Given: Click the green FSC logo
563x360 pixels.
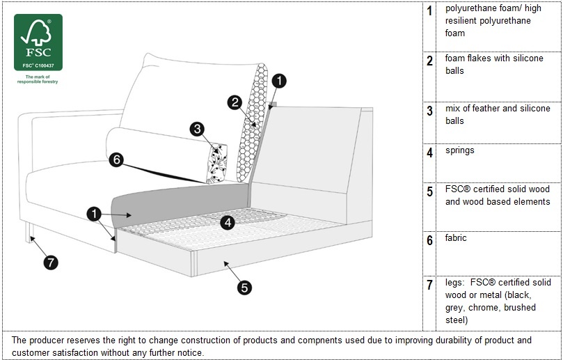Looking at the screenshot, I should click(x=38, y=42).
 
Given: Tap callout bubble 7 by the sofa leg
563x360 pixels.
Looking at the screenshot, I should click(x=51, y=263).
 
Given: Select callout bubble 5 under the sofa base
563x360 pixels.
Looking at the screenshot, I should click(x=244, y=287).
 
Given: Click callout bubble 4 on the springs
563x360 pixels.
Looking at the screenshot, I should click(x=228, y=223).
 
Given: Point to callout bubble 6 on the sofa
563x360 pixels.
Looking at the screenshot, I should click(x=117, y=160).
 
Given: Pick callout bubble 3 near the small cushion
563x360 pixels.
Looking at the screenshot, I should click(x=198, y=129).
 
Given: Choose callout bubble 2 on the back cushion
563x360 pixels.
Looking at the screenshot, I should click(x=235, y=102).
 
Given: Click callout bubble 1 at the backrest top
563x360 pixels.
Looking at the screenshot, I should click(x=278, y=81).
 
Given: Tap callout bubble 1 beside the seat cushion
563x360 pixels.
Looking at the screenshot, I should click(x=95, y=214).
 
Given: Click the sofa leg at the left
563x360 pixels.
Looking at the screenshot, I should click(x=31, y=232).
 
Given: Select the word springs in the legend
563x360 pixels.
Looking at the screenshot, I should click(x=460, y=150).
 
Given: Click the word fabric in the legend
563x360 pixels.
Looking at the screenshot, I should click(x=456, y=238).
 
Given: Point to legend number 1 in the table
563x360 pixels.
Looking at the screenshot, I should click(x=429, y=11).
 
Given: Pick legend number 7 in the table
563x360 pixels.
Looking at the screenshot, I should click(x=429, y=285).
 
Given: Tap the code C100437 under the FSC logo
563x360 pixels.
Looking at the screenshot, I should click(x=43, y=65).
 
